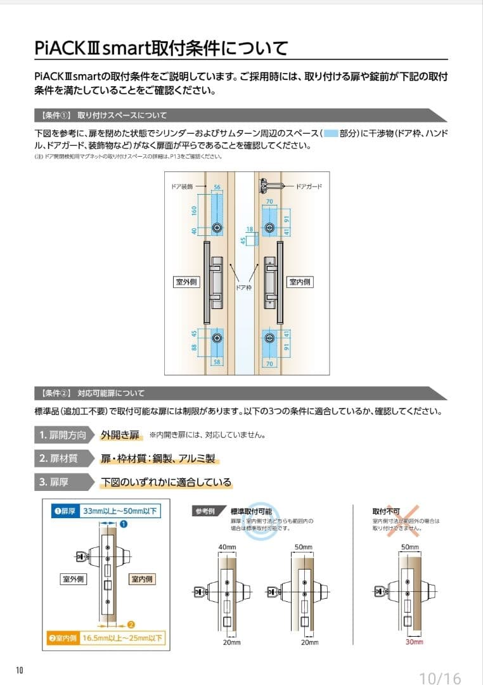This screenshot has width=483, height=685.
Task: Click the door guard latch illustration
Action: point(272,186)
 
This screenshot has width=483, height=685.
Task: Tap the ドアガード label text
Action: point(309,186)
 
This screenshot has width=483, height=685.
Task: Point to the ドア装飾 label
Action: point(182,188)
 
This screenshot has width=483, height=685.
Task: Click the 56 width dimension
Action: point(217,188)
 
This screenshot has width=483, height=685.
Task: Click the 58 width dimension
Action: point(217,362)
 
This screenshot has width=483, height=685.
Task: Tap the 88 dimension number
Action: point(195,347)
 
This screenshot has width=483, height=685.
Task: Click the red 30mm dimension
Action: point(413,642)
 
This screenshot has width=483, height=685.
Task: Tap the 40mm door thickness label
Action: point(226,547)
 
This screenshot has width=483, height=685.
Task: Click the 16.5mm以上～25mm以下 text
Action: point(122,638)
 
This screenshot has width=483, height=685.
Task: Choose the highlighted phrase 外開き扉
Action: point(120,435)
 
